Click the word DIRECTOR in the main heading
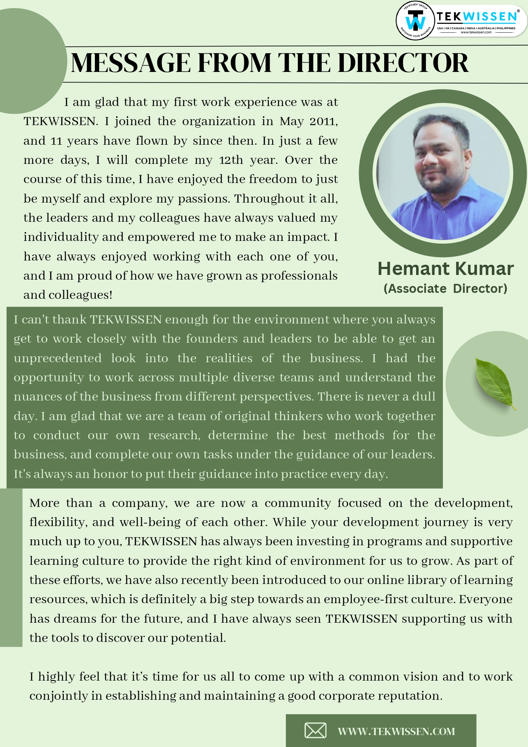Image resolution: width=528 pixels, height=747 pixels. pyautogui.click(x=403, y=63)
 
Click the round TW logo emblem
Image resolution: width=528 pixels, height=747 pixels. pyautogui.click(x=415, y=20)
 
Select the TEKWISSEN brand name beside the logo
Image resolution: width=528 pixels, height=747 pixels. pyautogui.click(x=476, y=17)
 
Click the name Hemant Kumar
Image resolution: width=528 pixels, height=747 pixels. pyautogui.click(x=445, y=269)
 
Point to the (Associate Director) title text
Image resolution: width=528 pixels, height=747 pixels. pyautogui.click(x=445, y=289)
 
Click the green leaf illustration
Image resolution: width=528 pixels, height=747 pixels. pyautogui.click(x=495, y=384)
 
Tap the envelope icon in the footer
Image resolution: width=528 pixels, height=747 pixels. pyautogui.click(x=315, y=730)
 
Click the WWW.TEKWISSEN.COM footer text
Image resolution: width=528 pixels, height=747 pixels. pyautogui.click(x=396, y=731)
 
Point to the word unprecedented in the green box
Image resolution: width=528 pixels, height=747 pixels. pyautogui.click(x=57, y=358)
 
